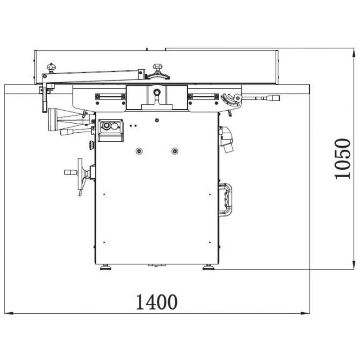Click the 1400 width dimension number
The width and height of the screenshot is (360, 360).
157,301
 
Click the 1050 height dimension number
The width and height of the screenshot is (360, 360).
342,159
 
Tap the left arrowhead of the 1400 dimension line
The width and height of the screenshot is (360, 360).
9,313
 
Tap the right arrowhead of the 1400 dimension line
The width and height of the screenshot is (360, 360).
306,313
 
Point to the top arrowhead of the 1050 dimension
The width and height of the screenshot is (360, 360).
354,53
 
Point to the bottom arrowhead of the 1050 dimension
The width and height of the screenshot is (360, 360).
354,265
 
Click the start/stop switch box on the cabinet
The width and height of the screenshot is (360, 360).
111,130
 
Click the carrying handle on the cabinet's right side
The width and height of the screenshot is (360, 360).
225,200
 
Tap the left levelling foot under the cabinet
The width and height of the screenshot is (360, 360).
106,267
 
